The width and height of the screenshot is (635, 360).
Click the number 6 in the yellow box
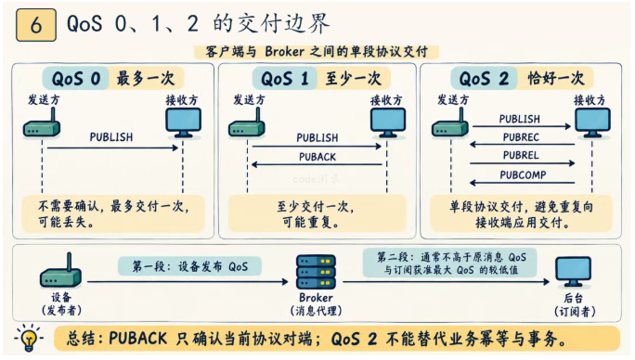[x=36, y=25]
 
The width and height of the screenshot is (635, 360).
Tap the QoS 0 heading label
[x=76, y=79]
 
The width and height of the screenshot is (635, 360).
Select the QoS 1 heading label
[x=285, y=79]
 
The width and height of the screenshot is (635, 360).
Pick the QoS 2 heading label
[x=484, y=79]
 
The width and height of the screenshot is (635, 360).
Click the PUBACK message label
[x=317, y=157]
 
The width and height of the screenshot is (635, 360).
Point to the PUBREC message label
[x=521, y=137]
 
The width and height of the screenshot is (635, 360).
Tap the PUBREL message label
[x=521, y=155]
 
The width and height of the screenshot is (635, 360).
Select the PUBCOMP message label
[x=523, y=175]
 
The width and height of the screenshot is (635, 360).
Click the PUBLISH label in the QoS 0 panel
[x=111, y=137]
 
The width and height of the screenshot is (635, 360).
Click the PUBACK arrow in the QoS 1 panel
[x=317, y=164]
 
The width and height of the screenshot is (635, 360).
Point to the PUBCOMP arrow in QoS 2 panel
[x=522, y=183]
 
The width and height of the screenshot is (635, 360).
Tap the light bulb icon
[x=29, y=338]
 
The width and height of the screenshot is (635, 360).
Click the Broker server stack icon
[x=316, y=271]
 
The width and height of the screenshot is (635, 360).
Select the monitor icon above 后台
[x=573, y=272]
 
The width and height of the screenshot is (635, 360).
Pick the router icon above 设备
[x=60, y=271]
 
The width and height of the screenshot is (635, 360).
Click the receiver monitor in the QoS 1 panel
[x=388, y=122]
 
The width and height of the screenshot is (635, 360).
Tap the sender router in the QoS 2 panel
[x=450, y=123]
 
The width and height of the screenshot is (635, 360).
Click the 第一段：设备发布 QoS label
[x=190, y=266]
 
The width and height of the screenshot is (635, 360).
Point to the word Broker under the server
[x=316, y=298]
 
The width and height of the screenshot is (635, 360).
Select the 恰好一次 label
[x=556, y=79]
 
